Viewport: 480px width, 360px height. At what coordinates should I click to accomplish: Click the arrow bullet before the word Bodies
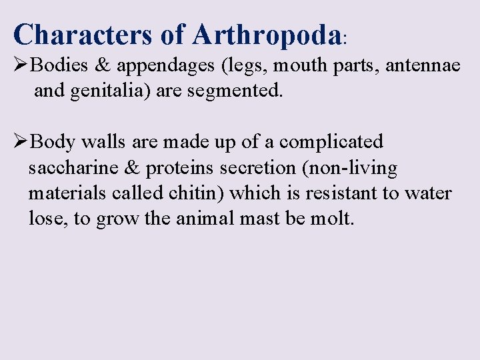(21, 65)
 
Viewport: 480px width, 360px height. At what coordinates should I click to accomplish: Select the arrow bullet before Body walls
(21, 141)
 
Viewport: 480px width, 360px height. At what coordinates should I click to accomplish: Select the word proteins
(176, 168)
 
